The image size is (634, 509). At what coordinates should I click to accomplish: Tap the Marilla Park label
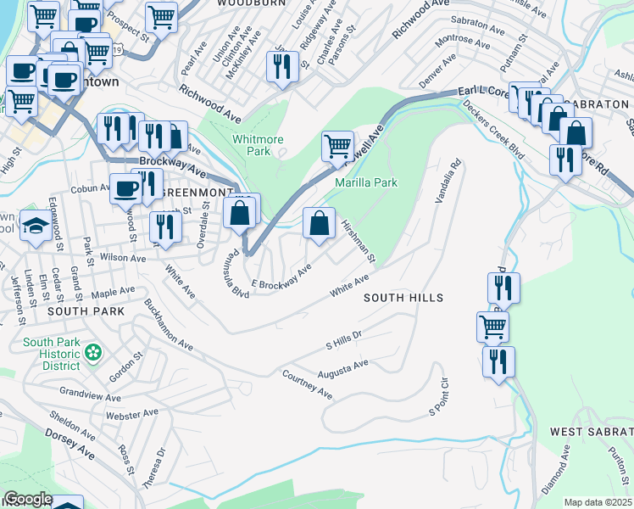point(366,182)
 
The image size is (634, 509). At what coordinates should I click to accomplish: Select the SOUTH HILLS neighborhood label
point(403,298)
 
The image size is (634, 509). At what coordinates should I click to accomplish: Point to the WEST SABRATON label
point(591,432)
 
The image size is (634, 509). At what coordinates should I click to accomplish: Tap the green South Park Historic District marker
point(92,350)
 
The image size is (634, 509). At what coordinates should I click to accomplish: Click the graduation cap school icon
point(36,227)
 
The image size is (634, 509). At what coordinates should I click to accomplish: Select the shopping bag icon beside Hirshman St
point(320,225)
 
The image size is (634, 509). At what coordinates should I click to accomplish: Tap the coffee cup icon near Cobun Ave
point(125,188)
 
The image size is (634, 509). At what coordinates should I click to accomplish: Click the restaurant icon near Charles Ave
point(283,66)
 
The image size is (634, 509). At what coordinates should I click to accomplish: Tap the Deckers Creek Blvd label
point(492,131)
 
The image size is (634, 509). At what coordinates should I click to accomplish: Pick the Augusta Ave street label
point(342,369)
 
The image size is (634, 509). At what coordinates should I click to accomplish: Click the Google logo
point(27,499)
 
